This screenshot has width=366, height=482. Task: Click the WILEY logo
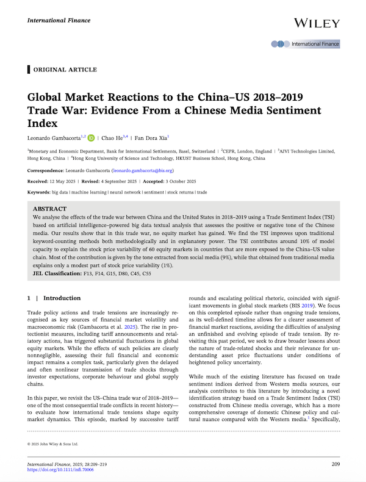(317, 23)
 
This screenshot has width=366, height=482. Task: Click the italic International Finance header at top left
(54, 21)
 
